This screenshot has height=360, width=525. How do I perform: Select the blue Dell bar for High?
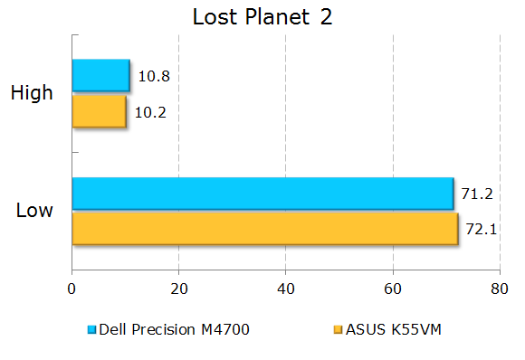[x=100, y=75]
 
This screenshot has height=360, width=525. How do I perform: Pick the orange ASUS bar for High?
[x=99, y=111]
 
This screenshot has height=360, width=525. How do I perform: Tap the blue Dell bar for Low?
[x=262, y=194]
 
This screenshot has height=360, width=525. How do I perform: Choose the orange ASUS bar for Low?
[x=264, y=228]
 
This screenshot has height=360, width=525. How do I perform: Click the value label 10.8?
[x=154, y=76]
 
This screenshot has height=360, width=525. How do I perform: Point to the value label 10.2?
[x=151, y=112]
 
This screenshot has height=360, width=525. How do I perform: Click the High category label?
[x=32, y=92]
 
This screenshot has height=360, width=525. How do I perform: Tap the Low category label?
[x=34, y=211]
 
